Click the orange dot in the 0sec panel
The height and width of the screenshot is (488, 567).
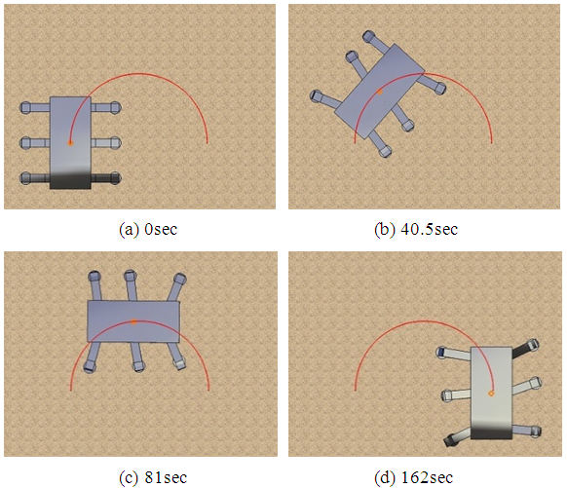click(x=70, y=143)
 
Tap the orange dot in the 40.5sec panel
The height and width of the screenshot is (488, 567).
click(x=379, y=93)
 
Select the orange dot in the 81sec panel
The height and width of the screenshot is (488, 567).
click(x=133, y=321)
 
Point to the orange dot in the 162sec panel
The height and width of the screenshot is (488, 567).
click(x=491, y=393)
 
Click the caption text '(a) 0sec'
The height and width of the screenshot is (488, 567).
click(x=148, y=229)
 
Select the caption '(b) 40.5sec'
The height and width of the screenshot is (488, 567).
click(x=416, y=229)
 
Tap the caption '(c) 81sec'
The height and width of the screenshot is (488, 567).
click(x=153, y=477)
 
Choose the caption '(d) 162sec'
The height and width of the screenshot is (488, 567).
click(x=413, y=477)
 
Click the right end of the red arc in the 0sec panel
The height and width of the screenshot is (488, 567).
click(x=208, y=143)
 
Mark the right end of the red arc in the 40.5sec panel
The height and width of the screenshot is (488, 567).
click(x=491, y=143)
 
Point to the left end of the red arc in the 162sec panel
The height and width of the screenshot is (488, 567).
click(x=355, y=390)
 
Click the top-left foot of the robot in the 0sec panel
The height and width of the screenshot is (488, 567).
click(x=25, y=108)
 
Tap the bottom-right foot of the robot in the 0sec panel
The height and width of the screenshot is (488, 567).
click(x=115, y=178)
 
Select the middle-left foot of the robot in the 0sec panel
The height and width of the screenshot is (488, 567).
click(x=25, y=142)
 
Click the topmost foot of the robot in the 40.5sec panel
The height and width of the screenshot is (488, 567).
click(x=368, y=36)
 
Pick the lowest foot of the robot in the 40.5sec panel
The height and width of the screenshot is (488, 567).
click(x=385, y=151)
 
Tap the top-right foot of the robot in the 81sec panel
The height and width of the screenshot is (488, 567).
click(x=179, y=279)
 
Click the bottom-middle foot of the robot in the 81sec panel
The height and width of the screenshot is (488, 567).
click(x=138, y=366)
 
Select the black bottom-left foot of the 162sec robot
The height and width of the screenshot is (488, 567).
click(x=450, y=440)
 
